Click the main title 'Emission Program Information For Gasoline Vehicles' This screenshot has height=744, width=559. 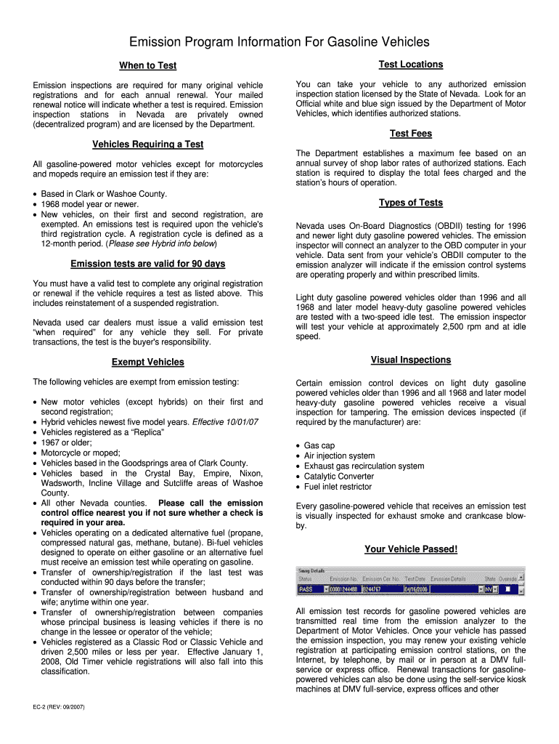279,42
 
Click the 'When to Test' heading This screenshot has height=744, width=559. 147,65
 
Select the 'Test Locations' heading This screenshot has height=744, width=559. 410,65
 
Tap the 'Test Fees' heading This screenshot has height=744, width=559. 410,134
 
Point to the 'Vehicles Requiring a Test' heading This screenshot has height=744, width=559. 147,144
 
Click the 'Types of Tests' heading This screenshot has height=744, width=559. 410,203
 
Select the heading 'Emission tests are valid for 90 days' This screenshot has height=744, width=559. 147,263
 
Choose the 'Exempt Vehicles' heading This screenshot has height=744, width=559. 147,362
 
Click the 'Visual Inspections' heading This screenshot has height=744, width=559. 410,360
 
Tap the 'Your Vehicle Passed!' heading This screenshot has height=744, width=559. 410,549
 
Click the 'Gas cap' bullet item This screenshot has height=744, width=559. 319,445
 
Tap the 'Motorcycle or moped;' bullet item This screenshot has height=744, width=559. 80,453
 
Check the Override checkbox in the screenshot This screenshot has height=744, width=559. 508,589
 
